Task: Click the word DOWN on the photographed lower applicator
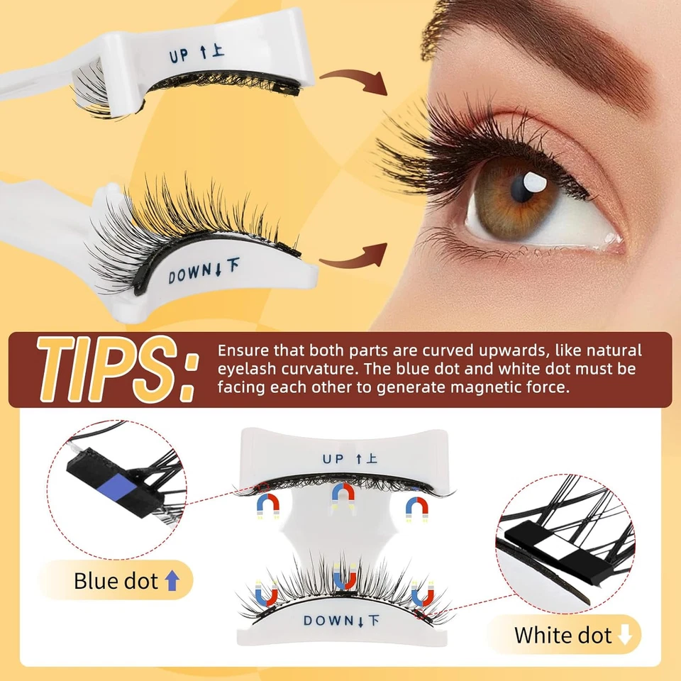coord(190,273)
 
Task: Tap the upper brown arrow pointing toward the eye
coord(353,79)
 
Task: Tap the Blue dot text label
coord(116,582)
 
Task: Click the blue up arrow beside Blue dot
coord(170,582)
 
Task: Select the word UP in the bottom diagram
coord(333,458)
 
